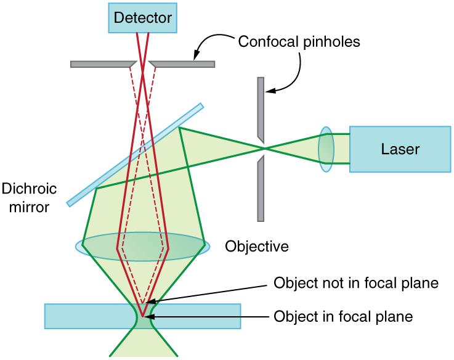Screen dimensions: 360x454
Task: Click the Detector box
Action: (142, 18)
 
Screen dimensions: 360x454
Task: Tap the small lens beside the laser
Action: (326, 149)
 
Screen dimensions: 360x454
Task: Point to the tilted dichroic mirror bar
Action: (135, 154)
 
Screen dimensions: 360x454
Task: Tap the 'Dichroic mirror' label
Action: (25, 197)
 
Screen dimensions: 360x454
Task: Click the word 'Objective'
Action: (256, 247)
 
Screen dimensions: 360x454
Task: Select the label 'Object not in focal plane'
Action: (355, 284)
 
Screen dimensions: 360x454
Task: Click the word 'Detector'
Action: (142, 18)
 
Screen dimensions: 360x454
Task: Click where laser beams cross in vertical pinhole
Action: (263, 149)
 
